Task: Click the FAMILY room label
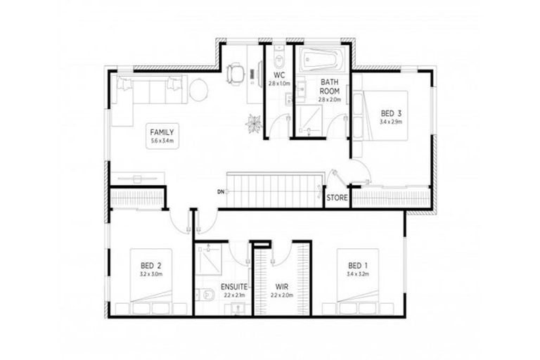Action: point(161,131)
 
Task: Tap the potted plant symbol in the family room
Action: point(252,124)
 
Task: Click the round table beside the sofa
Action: point(199,89)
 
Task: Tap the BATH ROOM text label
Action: point(330,86)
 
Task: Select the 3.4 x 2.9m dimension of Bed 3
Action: point(392,122)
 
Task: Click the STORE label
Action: point(337,198)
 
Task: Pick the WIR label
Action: point(281,288)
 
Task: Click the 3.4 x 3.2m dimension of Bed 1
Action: point(358,274)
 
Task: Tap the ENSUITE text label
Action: point(233,288)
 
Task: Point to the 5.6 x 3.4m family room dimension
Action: point(161,141)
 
